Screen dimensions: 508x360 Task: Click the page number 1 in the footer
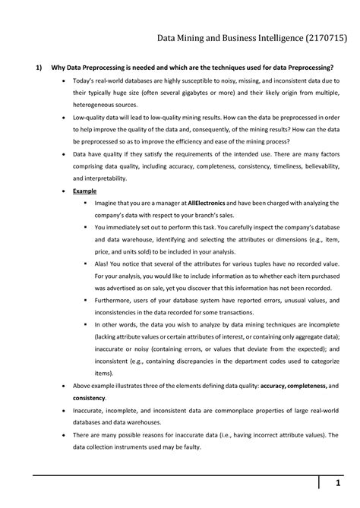point(339,484)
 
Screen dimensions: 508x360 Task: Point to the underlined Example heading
point(85,191)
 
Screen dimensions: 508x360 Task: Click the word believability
point(319,166)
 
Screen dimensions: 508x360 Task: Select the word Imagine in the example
point(109,204)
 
